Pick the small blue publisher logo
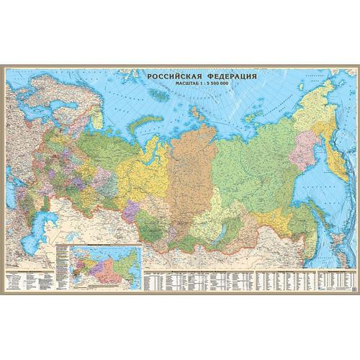pos(346,284)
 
